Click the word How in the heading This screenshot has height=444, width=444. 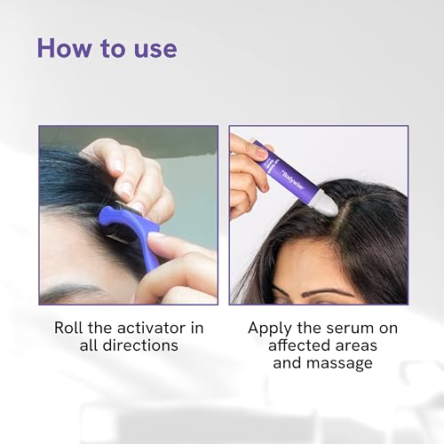tap(64, 48)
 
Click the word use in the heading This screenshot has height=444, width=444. tap(155, 51)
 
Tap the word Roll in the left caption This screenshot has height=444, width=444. tap(68, 328)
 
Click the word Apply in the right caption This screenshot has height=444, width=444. tap(270, 329)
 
